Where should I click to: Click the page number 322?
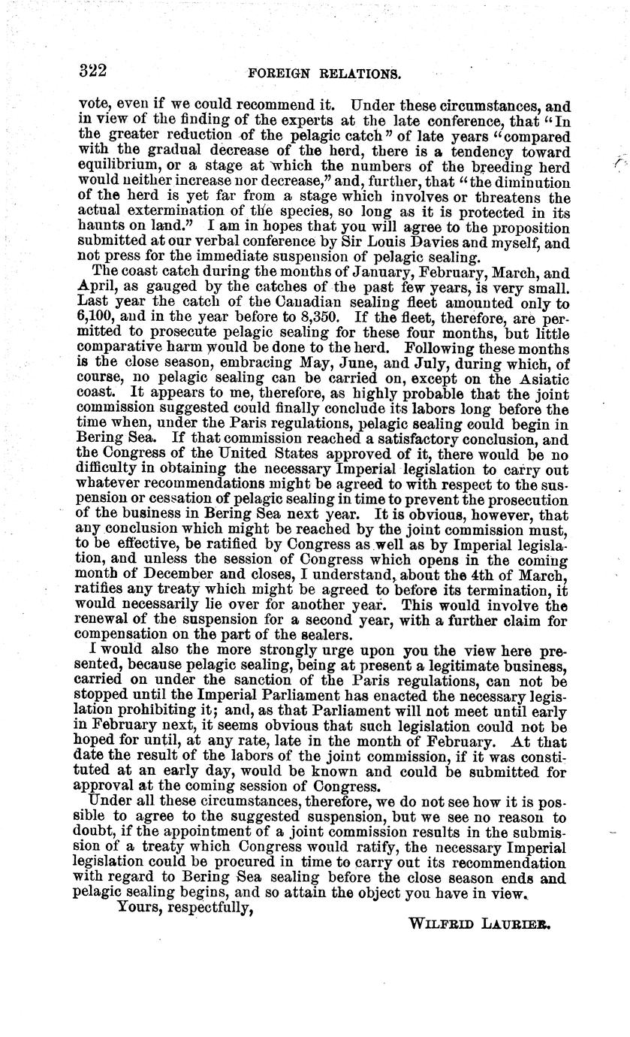(x=93, y=71)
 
